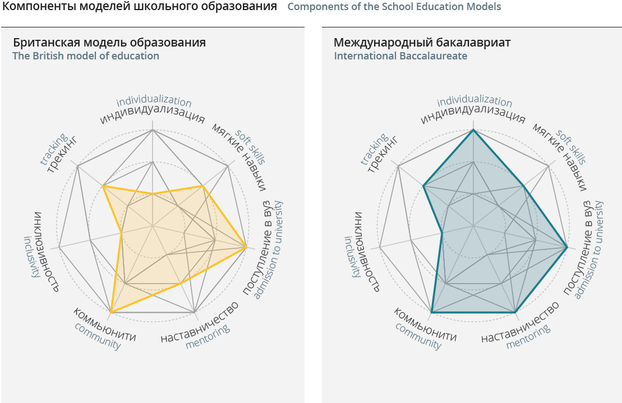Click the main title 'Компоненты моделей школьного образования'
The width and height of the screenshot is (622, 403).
pyautogui.click(x=140, y=7)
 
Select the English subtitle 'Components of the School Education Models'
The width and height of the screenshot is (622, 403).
pyautogui.click(x=394, y=7)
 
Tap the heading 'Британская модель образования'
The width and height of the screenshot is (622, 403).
pyautogui.click(x=109, y=43)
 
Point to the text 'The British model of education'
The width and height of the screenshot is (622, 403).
pyautogui.click(x=86, y=56)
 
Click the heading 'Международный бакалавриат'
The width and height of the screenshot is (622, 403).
pyautogui.click(x=422, y=43)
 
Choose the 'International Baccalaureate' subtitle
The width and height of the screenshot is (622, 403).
pyautogui.click(x=400, y=56)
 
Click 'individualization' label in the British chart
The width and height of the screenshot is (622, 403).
pyautogui.click(x=154, y=101)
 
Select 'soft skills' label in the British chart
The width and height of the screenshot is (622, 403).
pyautogui.click(x=250, y=146)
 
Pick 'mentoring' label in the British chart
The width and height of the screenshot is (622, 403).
pyautogui.click(x=208, y=336)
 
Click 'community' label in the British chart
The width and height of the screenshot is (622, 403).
pyautogui.click(x=98, y=336)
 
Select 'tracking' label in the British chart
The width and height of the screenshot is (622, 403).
pyautogui.click(x=53, y=149)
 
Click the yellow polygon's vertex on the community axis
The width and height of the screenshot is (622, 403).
pyautogui.click(x=111, y=312)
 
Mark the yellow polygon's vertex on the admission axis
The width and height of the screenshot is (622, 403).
pyautogui.click(x=247, y=247)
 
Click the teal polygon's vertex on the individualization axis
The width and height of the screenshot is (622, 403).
pyautogui.click(x=473, y=129)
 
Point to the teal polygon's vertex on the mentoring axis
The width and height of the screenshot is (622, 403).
pyautogui.click(x=515, y=312)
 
